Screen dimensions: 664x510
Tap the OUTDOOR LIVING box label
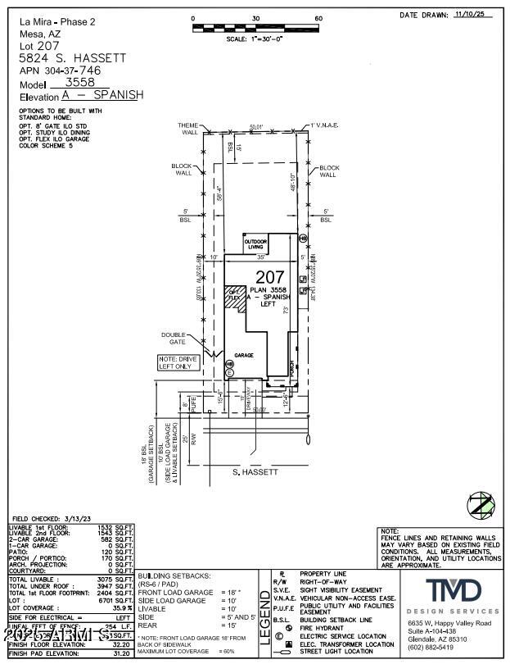[257, 243]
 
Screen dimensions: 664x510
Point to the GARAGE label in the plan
[244, 355]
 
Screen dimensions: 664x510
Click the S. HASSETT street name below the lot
[256, 472]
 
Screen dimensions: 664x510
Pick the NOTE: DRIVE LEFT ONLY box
[178, 362]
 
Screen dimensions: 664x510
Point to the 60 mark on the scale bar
[318, 18]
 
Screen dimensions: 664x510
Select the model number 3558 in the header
[74, 83]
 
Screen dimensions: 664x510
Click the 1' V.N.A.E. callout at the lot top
[325, 125]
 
